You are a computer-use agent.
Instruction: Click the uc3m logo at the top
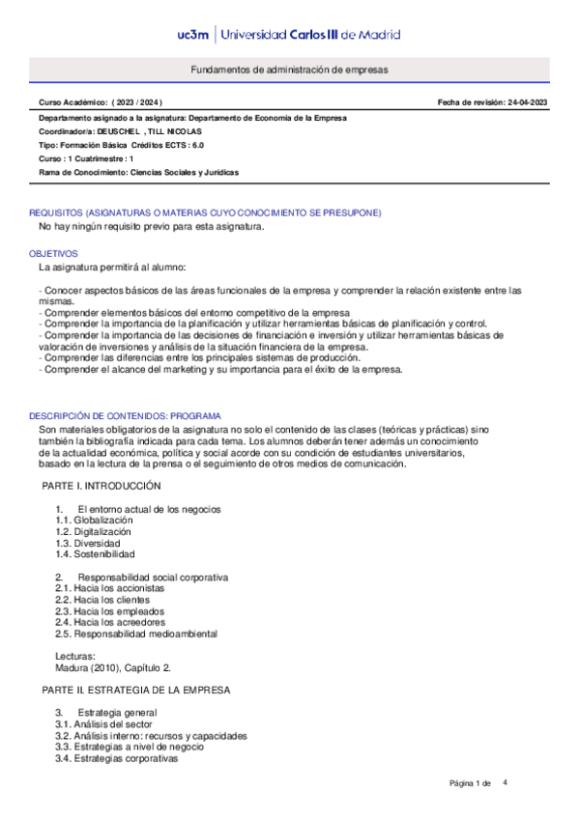(x=195, y=35)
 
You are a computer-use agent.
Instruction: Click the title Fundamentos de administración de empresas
(x=289, y=71)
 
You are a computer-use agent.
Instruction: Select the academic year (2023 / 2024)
(x=137, y=101)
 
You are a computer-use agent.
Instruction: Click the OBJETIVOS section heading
(x=53, y=253)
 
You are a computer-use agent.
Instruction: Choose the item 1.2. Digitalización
(x=93, y=531)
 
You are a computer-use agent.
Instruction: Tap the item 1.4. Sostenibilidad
(x=95, y=554)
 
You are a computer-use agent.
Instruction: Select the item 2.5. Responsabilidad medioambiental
(x=136, y=634)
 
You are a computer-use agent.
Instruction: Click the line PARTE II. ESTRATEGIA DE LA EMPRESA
(x=135, y=691)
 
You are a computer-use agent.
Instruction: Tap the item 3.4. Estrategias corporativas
(x=117, y=758)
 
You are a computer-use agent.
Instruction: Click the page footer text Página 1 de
(x=471, y=783)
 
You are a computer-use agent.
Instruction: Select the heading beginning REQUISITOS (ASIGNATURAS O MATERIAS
(x=205, y=212)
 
